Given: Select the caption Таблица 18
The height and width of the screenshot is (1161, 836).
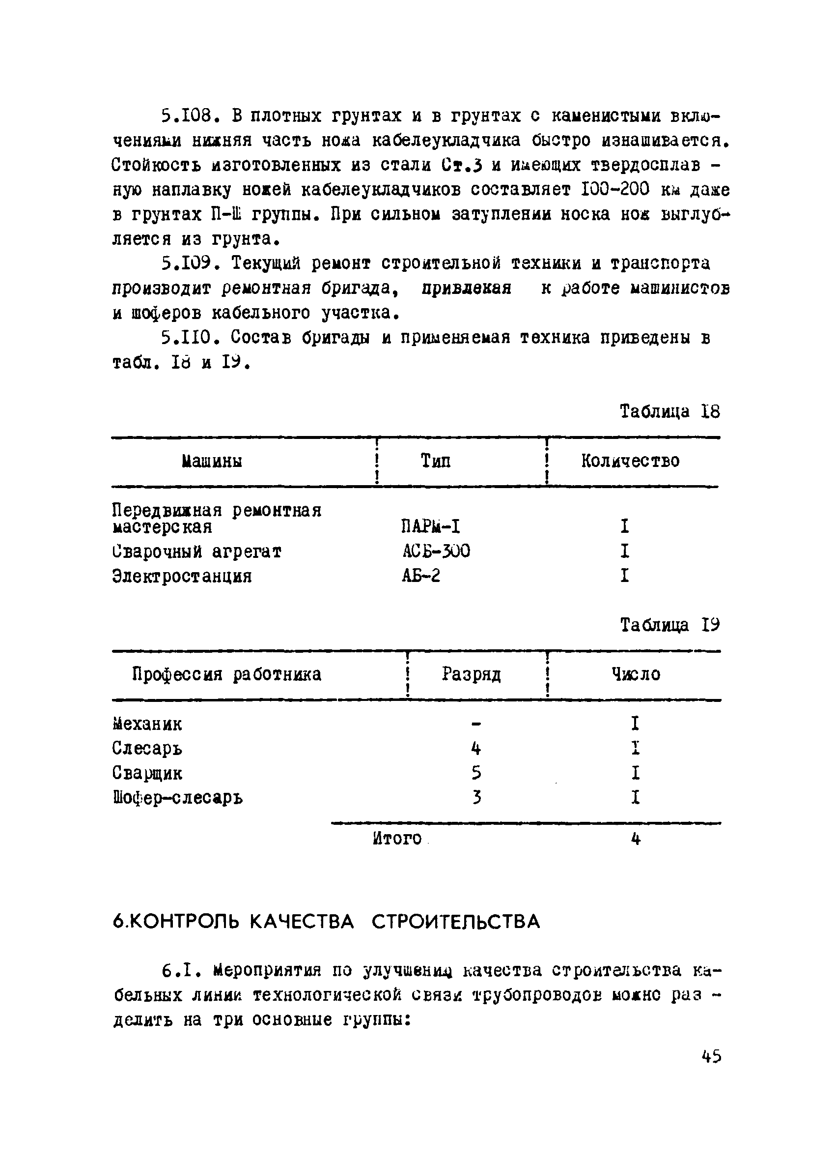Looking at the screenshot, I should [669, 411].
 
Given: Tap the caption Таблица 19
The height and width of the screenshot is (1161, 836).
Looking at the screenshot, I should [669, 625].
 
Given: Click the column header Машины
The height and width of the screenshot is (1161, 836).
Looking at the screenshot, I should [212, 461].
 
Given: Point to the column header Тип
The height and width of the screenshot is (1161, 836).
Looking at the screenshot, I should [435, 461].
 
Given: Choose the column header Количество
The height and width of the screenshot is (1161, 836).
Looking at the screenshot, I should [630, 461].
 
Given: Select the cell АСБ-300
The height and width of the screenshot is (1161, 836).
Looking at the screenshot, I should [436, 551].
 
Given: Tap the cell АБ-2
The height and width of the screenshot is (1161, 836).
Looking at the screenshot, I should [420, 577].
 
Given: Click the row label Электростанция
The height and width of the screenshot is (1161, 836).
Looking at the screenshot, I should [182, 577].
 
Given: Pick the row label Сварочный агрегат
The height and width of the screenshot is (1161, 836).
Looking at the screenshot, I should [196, 552].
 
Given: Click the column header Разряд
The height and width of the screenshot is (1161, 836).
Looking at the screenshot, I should [471, 674].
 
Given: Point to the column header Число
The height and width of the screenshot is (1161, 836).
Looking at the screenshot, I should [636, 674].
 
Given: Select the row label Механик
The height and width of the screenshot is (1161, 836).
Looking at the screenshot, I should [147, 724].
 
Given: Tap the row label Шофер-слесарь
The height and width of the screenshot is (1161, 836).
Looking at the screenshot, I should [177, 798].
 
